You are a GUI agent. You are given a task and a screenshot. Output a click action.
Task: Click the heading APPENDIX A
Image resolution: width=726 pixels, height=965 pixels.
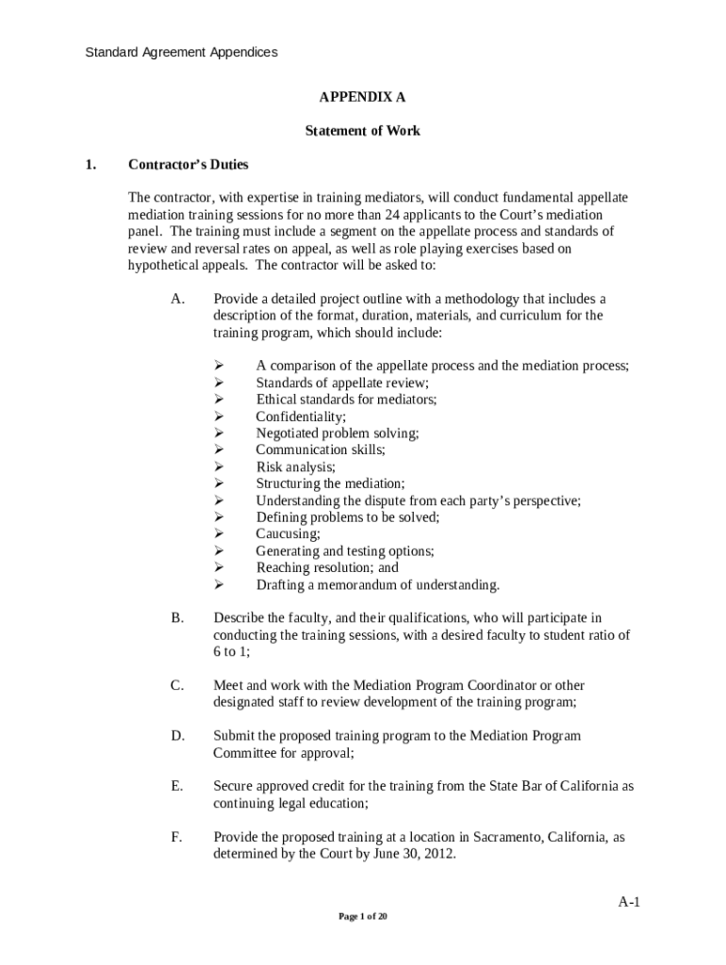(362, 97)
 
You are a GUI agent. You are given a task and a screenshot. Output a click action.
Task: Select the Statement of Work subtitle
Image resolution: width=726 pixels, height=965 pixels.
(362, 131)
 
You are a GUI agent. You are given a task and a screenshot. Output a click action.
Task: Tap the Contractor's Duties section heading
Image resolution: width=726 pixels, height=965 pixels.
(189, 165)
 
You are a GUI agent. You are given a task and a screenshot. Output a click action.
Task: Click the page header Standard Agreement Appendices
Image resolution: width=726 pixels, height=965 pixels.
(181, 53)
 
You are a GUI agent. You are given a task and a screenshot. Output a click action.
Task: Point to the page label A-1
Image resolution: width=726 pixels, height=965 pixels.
(629, 902)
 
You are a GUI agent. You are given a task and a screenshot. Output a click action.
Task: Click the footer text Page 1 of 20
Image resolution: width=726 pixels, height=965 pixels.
(363, 916)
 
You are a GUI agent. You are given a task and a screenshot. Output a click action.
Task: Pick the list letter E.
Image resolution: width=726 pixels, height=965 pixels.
(176, 785)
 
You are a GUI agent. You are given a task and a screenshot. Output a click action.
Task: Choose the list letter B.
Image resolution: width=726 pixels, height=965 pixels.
(177, 618)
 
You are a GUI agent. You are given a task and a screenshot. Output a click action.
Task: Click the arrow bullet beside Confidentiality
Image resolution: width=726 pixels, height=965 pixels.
(218, 417)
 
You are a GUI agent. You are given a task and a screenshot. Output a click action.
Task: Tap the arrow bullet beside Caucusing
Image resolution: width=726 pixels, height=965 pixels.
(218, 534)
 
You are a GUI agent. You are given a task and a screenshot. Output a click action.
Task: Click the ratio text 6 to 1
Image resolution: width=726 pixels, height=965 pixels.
(230, 652)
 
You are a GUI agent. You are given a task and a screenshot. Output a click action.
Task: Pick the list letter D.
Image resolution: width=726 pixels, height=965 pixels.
(177, 735)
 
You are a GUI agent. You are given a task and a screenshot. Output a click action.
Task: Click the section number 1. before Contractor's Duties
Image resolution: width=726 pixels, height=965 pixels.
(90, 165)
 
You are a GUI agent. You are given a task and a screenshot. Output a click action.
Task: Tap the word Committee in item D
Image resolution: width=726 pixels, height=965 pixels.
(245, 753)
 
